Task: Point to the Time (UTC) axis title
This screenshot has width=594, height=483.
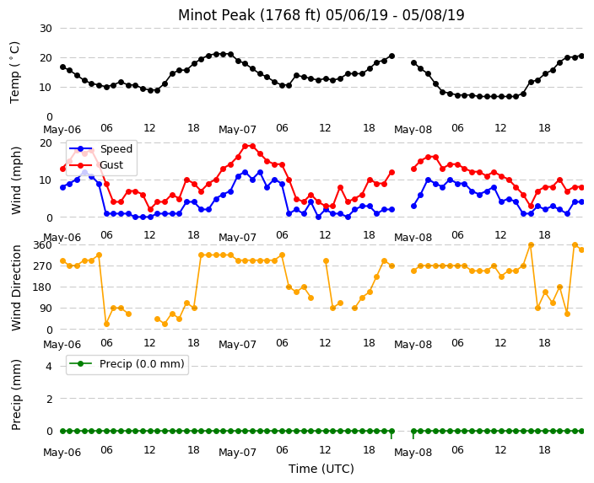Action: coord(321,469)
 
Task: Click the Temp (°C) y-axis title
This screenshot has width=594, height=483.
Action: coord(14,72)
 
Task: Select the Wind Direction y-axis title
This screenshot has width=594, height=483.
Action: coord(16,288)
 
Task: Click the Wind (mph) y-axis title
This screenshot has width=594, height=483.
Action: coord(16,180)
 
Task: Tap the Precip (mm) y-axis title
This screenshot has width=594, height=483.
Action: coord(16,394)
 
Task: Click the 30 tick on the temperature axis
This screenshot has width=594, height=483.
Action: coord(46,29)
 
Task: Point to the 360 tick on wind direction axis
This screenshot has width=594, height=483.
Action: coord(42,245)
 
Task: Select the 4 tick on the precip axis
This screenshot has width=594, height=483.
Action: coord(49,367)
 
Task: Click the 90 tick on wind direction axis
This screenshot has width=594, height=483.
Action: coord(46,309)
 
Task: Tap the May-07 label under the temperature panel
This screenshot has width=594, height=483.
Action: coord(238,130)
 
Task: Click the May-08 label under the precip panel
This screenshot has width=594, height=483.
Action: coord(413,453)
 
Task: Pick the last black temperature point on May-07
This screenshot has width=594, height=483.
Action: coord(391,56)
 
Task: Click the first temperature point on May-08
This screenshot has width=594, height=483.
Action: coord(413,63)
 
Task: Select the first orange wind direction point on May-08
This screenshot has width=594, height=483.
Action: coord(413,271)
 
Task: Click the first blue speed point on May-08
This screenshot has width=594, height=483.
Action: coord(413,207)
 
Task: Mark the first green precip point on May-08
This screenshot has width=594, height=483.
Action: coord(413,431)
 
